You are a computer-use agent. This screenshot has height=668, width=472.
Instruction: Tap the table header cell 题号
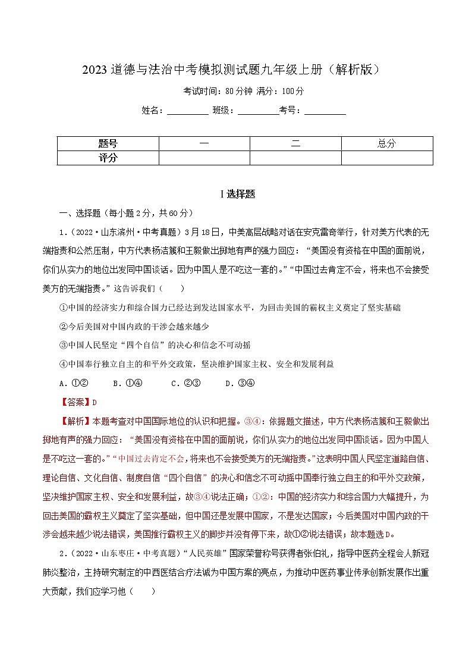pyautogui.click(x=108, y=143)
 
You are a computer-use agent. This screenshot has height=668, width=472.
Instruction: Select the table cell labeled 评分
pyautogui.click(x=108, y=158)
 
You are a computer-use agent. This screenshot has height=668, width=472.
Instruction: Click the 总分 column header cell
pyautogui.click(x=386, y=143)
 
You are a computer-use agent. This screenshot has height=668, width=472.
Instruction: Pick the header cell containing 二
pyautogui.click(x=295, y=143)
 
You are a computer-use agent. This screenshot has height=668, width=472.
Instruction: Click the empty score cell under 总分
pyautogui.click(x=386, y=158)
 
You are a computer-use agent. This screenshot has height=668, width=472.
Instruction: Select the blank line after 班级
pyautogui.click(x=258, y=111)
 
